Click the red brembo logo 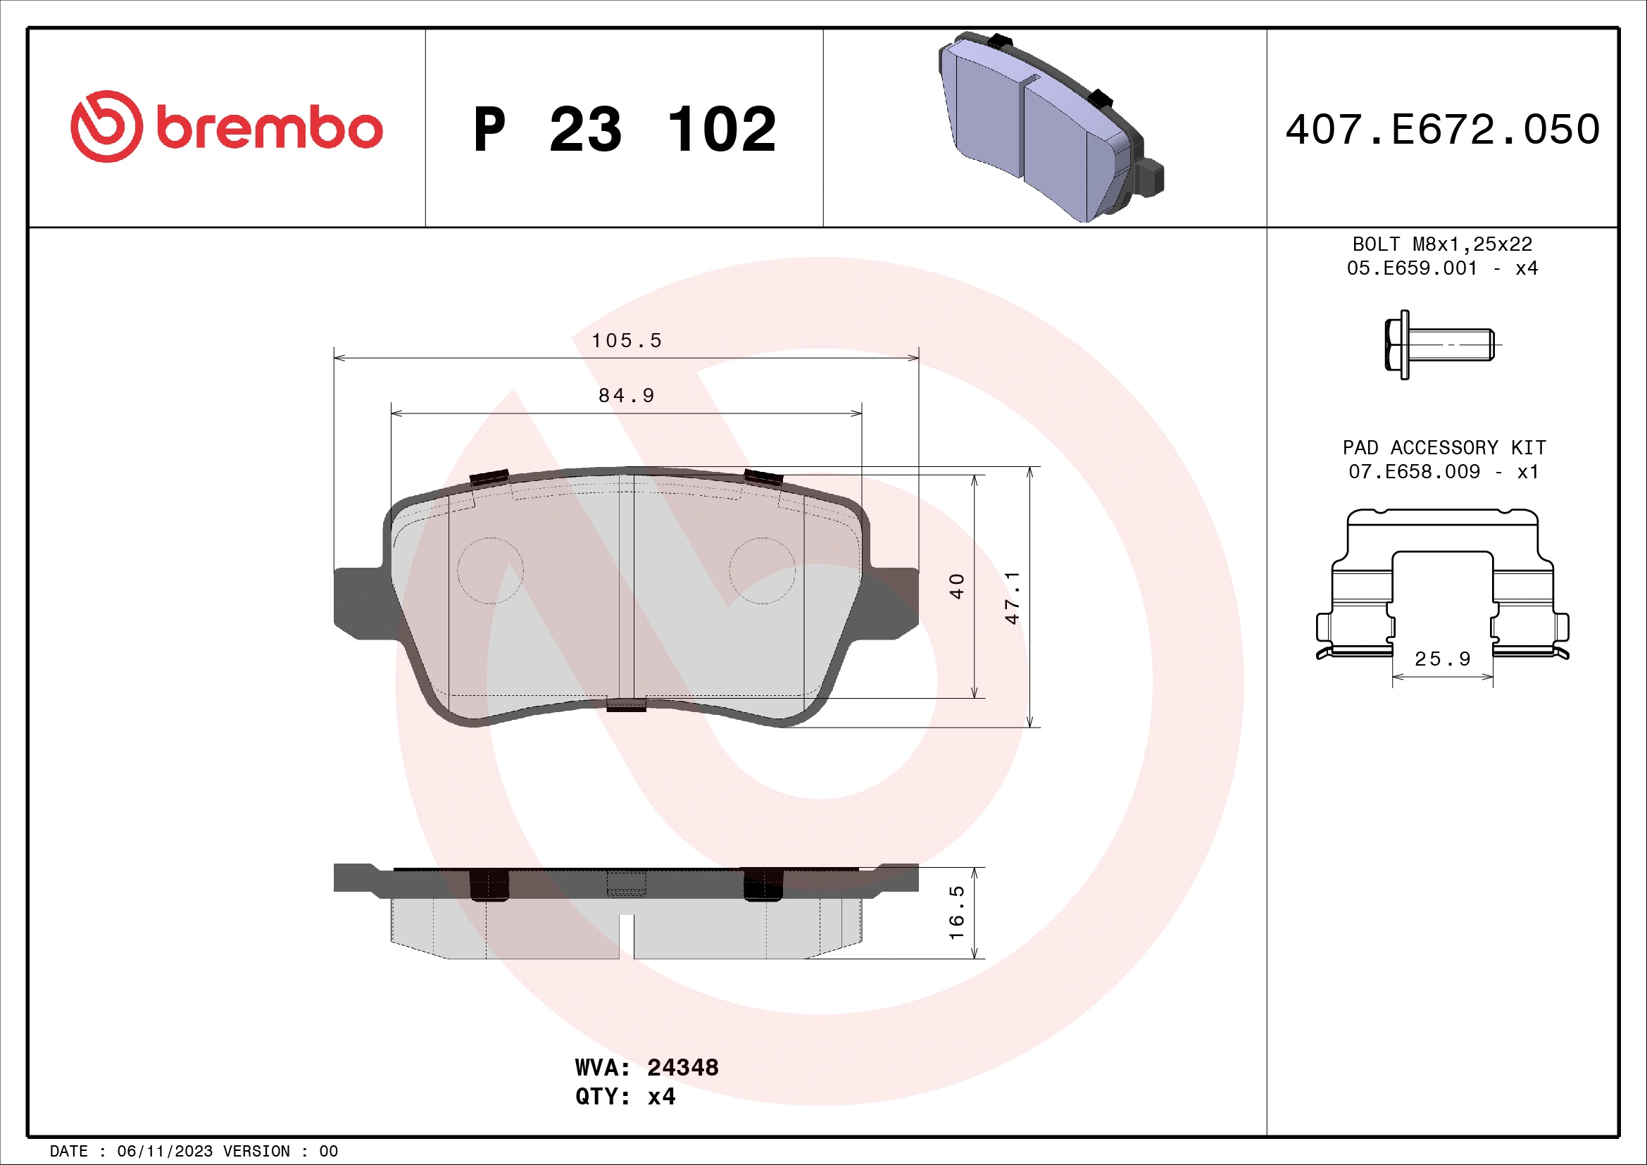(226, 127)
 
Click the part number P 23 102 (624, 130)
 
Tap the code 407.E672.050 (1442, 130)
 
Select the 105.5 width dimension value (626, 340)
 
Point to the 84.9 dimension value (626, 395)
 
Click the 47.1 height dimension (1012, 597)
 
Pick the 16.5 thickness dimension (957, 912)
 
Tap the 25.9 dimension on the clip (1442, 659)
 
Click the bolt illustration (1439, 345)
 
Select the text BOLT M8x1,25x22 (1442, 244)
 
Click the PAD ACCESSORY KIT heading (1444, 448)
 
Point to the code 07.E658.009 (1414, 471)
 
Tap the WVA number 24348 (682, 1067)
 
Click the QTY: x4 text (625, 1096)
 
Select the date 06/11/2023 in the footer (164, 1152)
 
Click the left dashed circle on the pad (491, 571)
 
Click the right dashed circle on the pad (762, 571)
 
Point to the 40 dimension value (957, 586)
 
